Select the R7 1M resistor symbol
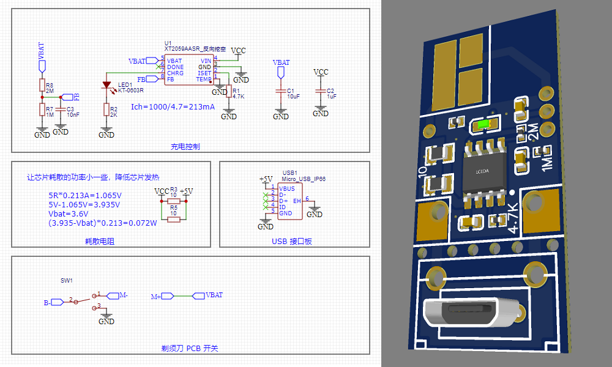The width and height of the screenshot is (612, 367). (x=42, y=109)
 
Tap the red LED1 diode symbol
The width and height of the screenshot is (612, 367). (x=106, y=85)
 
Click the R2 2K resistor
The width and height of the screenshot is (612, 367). (x=106, y=111)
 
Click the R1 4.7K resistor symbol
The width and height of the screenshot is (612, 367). (x=229, y=91)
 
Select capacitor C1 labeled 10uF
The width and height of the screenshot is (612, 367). (x=281, y=92)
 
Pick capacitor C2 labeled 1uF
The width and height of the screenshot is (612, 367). (x=321, y=91)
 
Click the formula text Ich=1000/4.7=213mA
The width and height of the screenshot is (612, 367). (x=173, y=106)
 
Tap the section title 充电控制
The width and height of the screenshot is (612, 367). (x=185, y=147)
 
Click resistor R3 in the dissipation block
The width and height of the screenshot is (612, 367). (x=174, y=200)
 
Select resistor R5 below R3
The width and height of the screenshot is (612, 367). (x=174, y=218)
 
